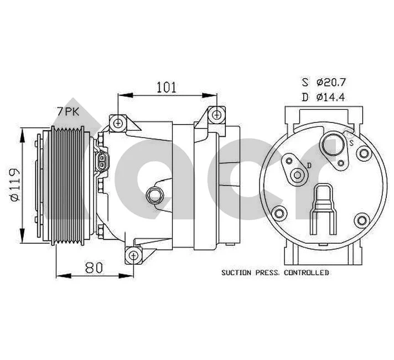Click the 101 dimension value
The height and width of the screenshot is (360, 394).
[x=166, y=87]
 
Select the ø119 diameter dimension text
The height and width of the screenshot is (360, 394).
[x=15, y=184]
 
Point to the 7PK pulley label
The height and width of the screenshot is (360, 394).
[x=68, y=111]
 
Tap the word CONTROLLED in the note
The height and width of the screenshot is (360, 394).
[x=307, y=272]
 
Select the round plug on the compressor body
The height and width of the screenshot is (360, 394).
[x=154, y=195]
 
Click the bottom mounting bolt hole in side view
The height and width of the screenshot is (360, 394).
[x=132, y=255]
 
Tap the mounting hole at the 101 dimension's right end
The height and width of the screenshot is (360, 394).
[x=217, y=115]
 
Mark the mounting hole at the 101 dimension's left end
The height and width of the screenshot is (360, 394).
[x=117, y=122]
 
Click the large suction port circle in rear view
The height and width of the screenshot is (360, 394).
[x=333, y=145]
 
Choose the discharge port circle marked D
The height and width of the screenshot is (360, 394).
[x=298, y=176]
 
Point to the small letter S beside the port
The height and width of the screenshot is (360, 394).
[x=351, y=142]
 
